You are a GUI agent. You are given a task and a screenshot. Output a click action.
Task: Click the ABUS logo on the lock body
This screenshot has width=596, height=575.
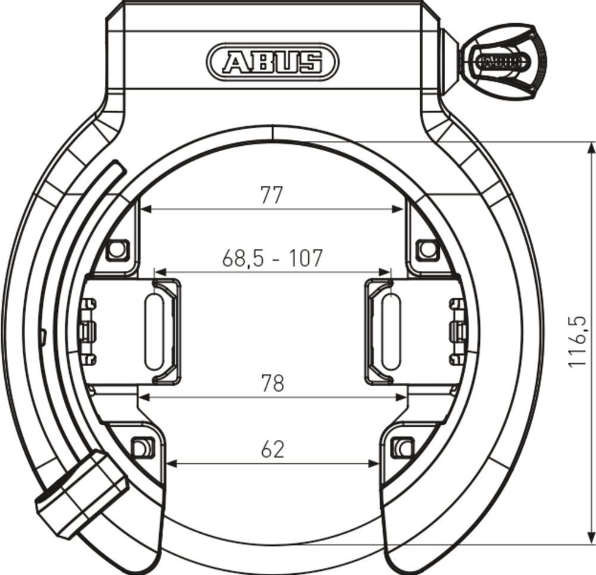272,61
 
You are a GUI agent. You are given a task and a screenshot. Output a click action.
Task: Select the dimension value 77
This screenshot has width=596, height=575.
271,195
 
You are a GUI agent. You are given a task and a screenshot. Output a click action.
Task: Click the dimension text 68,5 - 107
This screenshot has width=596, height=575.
272,258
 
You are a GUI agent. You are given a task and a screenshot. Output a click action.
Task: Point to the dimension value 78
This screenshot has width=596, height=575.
272,383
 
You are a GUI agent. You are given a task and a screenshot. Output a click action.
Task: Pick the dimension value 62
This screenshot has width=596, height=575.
272,449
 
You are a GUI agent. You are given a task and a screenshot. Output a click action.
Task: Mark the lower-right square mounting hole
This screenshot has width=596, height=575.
404,445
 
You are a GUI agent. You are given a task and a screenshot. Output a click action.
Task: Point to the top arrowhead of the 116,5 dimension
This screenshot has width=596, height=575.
591,147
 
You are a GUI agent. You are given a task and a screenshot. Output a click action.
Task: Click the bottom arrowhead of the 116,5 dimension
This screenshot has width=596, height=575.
591,539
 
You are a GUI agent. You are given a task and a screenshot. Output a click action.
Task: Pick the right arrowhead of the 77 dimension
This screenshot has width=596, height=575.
399,209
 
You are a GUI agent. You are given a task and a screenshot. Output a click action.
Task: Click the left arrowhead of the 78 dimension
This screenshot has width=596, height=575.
144,395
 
